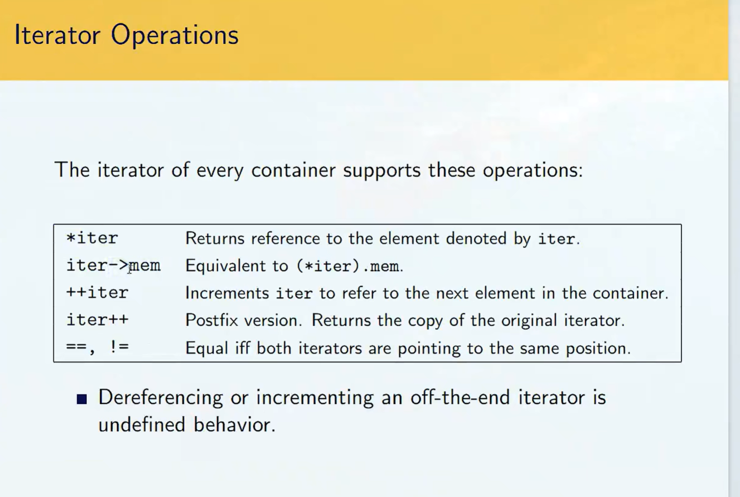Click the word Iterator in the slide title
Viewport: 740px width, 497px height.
(x=57, y=34)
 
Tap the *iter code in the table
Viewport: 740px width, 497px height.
(x=92, y=238)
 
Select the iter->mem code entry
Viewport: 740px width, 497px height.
(x=113, y=265)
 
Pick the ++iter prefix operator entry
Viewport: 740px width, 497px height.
(x=97, y=292)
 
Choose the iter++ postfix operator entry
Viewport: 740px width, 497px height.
(x=97, y=320)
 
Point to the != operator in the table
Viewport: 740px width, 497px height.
(x=118, y=347)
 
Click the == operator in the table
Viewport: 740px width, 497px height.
(x=76, y=347)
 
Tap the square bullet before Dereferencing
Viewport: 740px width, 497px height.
(x=82, y=399)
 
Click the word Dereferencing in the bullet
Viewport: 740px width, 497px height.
(x=160, y=398)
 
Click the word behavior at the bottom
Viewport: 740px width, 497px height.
(x=234, y=424)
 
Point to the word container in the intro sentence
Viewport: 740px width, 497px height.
(x=293, y=170)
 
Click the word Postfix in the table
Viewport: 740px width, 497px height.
(x=211, y=320)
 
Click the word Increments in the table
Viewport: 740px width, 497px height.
(x=227, y=293)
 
